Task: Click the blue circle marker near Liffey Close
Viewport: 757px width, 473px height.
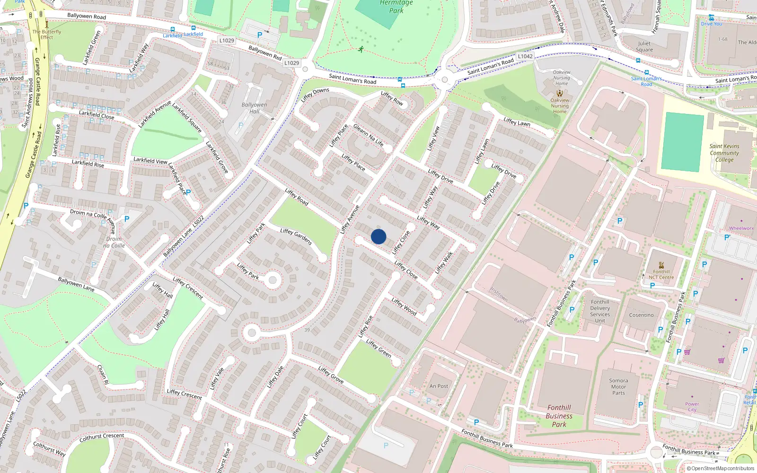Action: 378,236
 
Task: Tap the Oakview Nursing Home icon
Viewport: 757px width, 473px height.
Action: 560,93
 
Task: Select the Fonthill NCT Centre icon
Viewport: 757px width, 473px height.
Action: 661,265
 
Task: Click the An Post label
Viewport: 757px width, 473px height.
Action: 439,386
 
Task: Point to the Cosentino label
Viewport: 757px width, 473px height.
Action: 641,315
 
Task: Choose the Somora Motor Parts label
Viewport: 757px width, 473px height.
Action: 618,386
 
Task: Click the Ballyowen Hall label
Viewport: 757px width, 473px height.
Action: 254,108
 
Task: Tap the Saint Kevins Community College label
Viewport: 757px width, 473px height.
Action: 724,153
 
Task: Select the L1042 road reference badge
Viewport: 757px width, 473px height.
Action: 525,56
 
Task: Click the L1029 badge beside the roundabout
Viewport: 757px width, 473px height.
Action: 291,63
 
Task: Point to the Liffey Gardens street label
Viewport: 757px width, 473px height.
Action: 296,236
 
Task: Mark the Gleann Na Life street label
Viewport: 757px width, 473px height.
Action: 368,135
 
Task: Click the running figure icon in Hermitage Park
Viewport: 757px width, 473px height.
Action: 361,49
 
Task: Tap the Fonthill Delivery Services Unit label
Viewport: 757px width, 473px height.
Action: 600,311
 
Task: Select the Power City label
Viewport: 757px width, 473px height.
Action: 692,406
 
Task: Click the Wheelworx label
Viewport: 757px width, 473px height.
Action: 741,228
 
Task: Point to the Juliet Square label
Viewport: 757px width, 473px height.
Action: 644,46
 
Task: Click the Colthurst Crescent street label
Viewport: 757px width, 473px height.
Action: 102,438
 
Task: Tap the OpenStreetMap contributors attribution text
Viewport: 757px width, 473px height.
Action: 721,468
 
